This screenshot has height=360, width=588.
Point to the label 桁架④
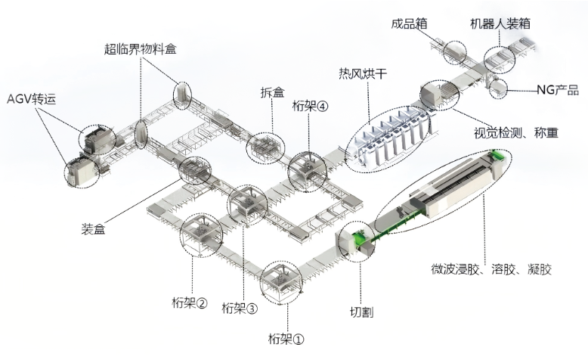click(x=310, y=107)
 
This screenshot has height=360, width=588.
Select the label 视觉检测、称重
click(x=516, y=133)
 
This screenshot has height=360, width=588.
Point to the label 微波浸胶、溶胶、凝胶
click(x=491, y=269)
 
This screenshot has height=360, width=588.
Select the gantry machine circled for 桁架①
click(x=280, y=283)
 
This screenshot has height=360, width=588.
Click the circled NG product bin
click(x=497, y=88)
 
